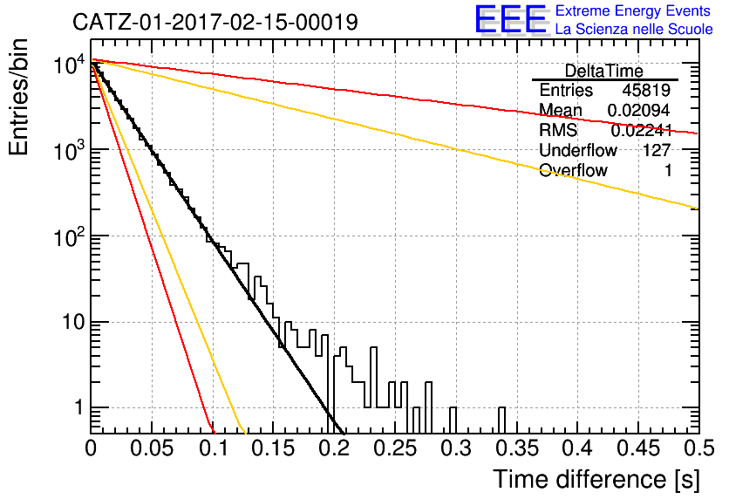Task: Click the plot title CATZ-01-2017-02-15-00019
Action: [215, 22]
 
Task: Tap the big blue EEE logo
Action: [510, 19]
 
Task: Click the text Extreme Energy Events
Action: [633, 10]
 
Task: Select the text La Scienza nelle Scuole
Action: [634, 30]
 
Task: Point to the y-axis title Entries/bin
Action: [18, 97]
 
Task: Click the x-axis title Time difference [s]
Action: [596, 480]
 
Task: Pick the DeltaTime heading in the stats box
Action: [604, 72]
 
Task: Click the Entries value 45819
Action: [646, 90]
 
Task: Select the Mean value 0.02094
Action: [639, 110]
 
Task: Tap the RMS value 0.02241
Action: [641, 130]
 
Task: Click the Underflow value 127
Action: [657, 150]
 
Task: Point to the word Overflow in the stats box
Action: [573, 170]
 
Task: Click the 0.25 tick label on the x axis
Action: [395, 448]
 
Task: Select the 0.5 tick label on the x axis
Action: [699, 448]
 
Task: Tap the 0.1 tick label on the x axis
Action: [214, 448]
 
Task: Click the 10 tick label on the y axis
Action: [74, 322]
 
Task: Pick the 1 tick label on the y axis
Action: [78, 408]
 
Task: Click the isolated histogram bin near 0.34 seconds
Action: [501, 420]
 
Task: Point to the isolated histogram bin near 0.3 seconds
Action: [453, 420]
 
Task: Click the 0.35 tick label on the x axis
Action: [517, 448]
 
